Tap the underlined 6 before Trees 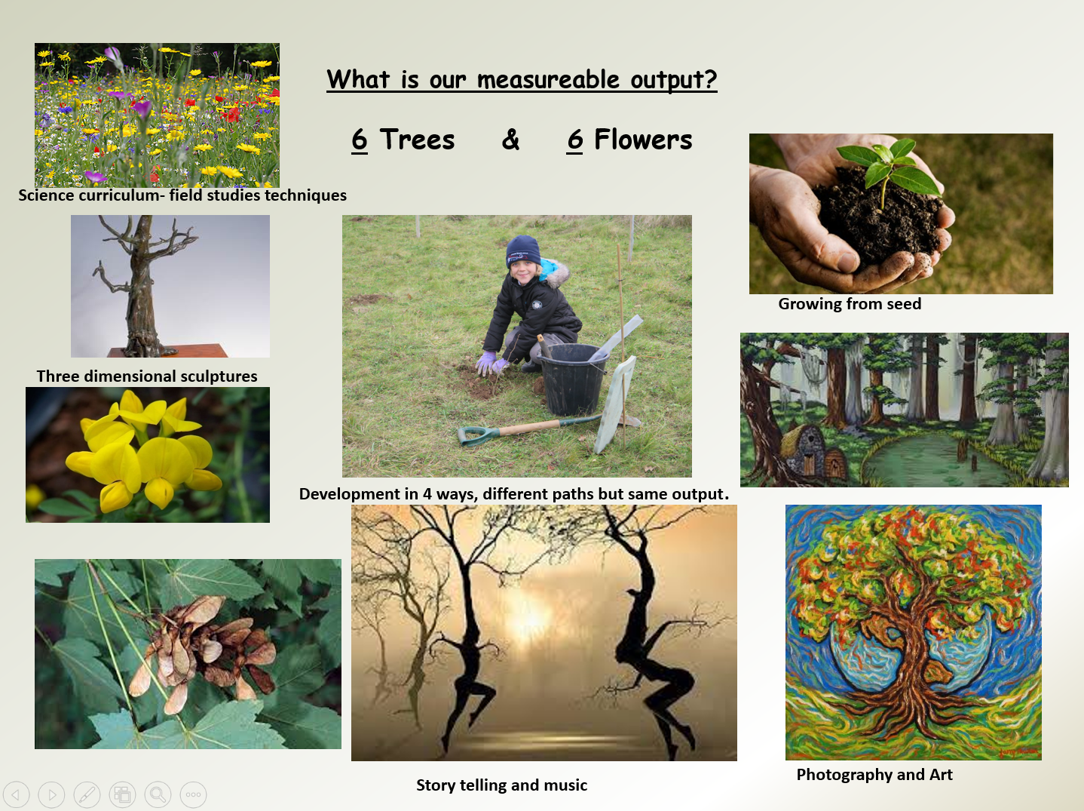click(360, 139)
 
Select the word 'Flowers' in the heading click(643, 139)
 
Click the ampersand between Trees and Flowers click(510, 139)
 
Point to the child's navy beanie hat click(523, 251)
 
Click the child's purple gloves click(492, 363)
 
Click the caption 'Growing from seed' click(850, 303)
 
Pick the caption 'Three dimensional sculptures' click(147, 376)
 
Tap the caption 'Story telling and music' click(502, 785)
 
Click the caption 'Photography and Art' click(874, 775)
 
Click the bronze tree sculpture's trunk click(141, 296)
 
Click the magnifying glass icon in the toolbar click(158, 794)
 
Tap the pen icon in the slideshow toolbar click(87, 794)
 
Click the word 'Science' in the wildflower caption click(47, 195)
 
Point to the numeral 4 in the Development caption click(427, 493)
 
